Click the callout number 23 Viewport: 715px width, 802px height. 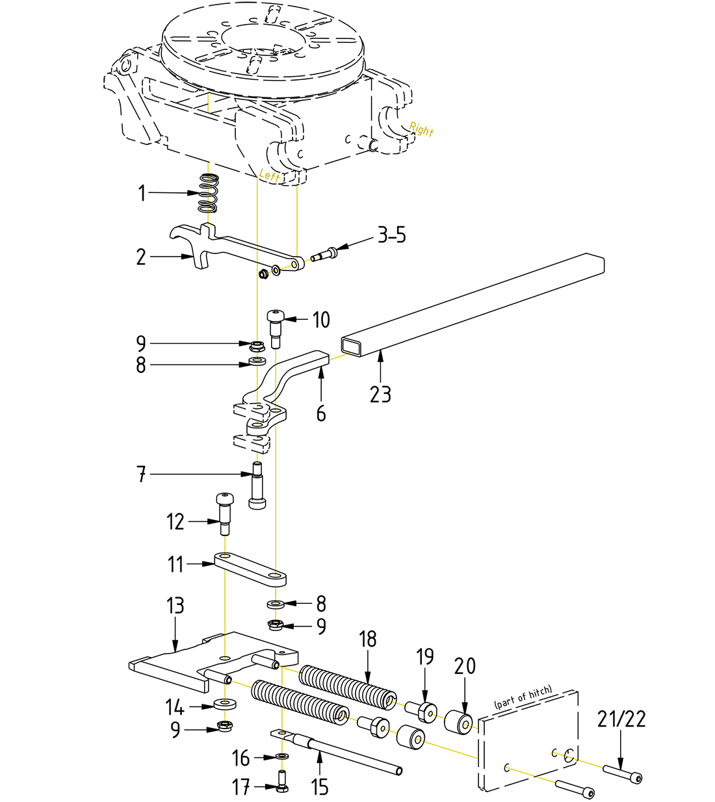380,394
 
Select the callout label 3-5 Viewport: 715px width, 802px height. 392,235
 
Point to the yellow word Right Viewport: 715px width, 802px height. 421,129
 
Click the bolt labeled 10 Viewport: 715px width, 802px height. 275,328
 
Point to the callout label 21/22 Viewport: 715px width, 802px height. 621,719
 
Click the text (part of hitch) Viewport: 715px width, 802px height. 523,697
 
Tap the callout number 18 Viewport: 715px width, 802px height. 368,640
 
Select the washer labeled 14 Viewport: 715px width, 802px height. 224,704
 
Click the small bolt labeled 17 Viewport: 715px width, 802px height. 282,780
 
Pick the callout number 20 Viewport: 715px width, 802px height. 465,666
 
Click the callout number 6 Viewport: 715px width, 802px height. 321,413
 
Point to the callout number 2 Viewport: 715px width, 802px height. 141,257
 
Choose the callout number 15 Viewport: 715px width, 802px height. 320,787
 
